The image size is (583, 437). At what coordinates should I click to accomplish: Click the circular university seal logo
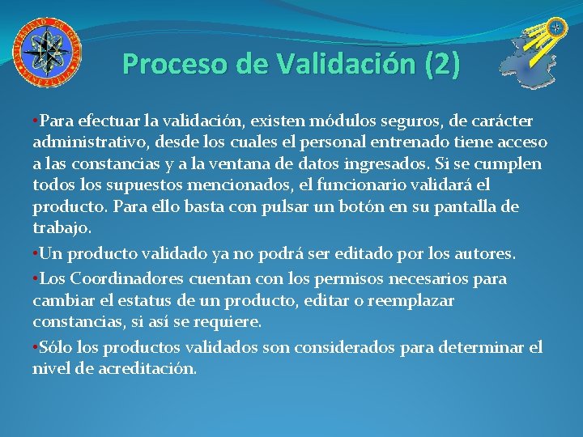46,52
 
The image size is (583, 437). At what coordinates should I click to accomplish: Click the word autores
484,253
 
